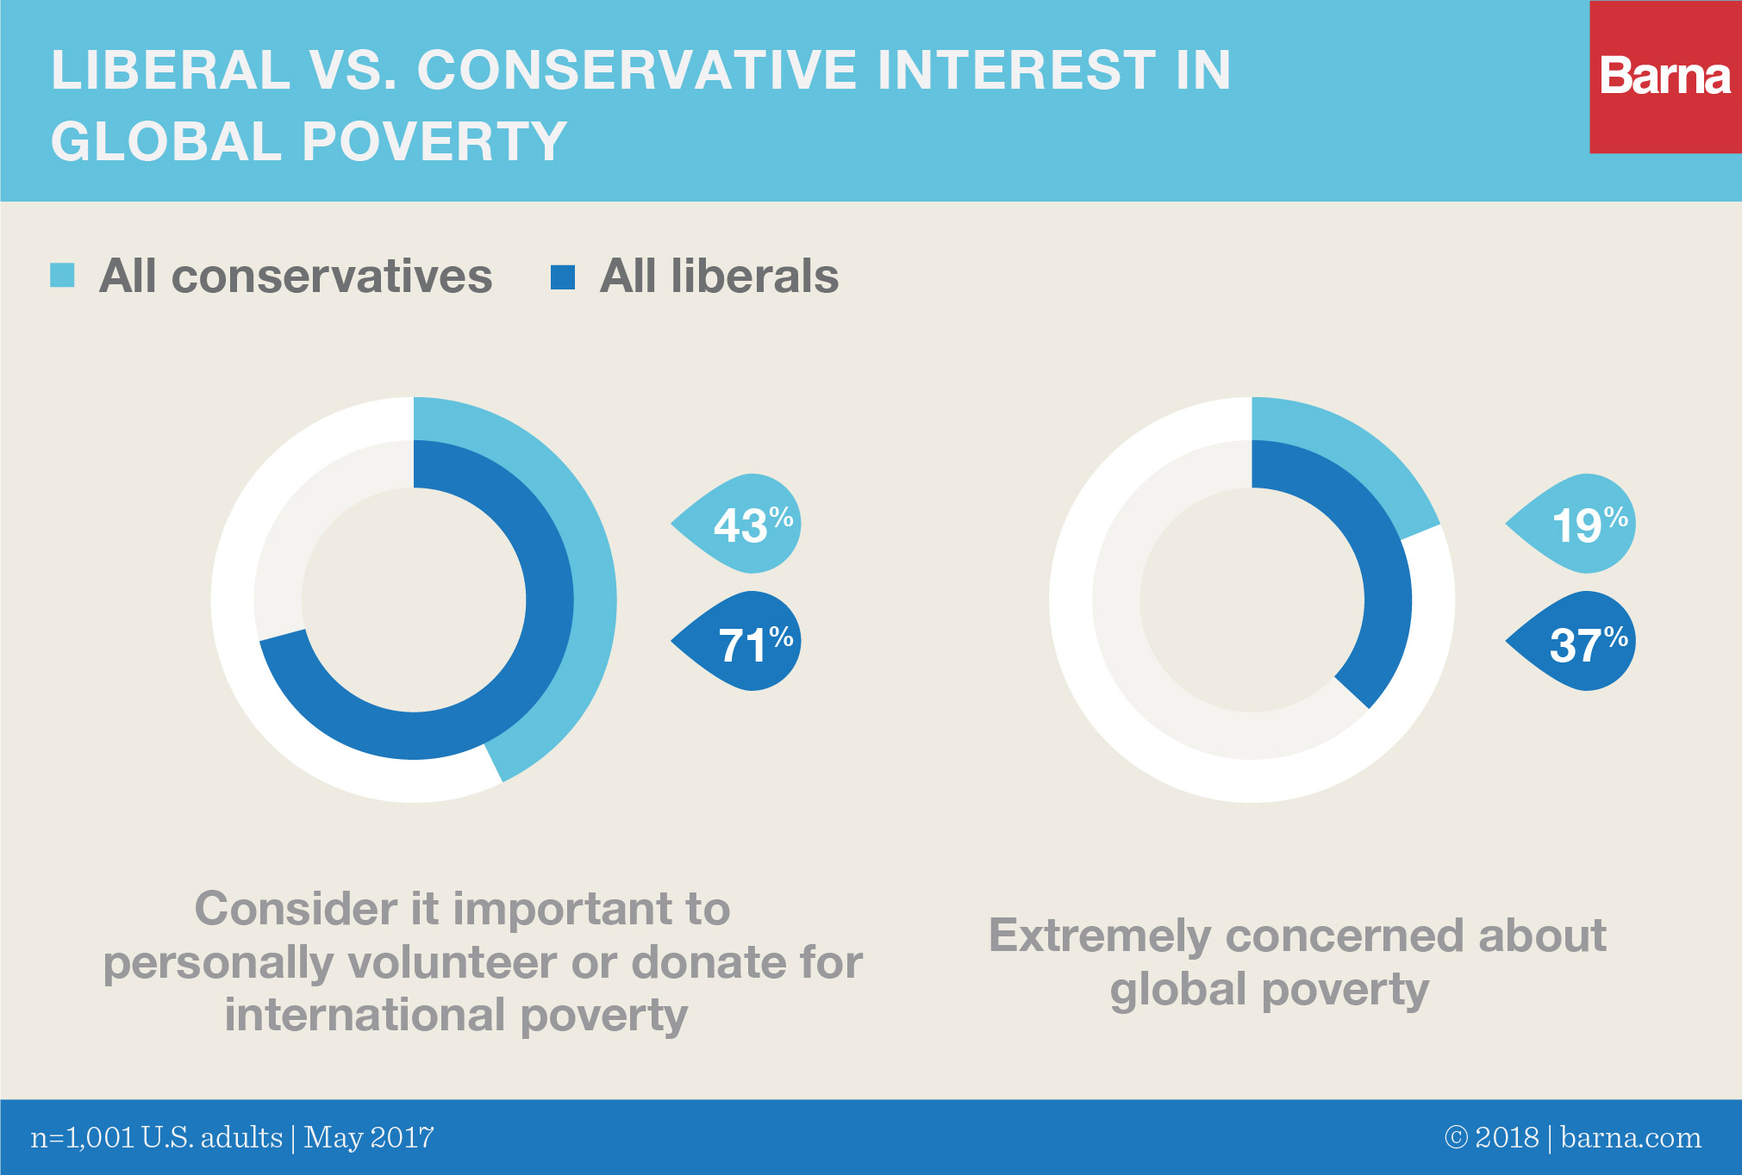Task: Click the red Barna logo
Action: (1664, 77)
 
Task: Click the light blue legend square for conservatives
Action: (62, 276)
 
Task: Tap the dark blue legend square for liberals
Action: (563, 277)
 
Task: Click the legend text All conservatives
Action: (296, 277)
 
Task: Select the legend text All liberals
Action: (719, 277)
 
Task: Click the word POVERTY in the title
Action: (434, 141)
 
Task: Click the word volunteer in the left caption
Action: (446, 962)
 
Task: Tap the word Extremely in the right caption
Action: (1100, 936)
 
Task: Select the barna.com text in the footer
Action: (1630, 1138)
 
